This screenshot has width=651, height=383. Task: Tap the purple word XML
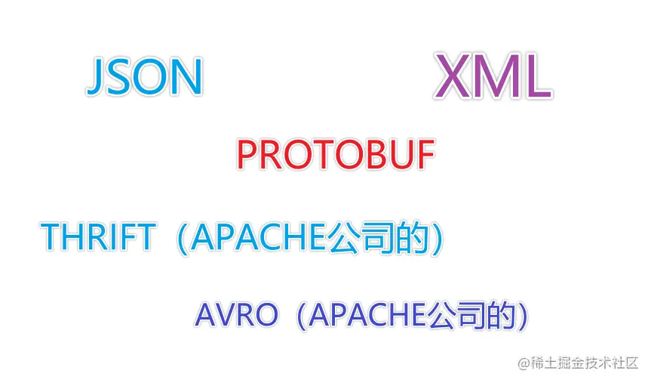(492, 77)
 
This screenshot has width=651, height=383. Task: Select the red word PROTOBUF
(336, 156)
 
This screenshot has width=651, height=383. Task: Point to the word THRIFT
(98, 237)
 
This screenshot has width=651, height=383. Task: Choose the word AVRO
(237, 315)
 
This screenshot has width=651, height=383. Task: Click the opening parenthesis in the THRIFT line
(183, 238)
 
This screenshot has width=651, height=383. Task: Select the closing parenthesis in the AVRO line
(520, 316)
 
